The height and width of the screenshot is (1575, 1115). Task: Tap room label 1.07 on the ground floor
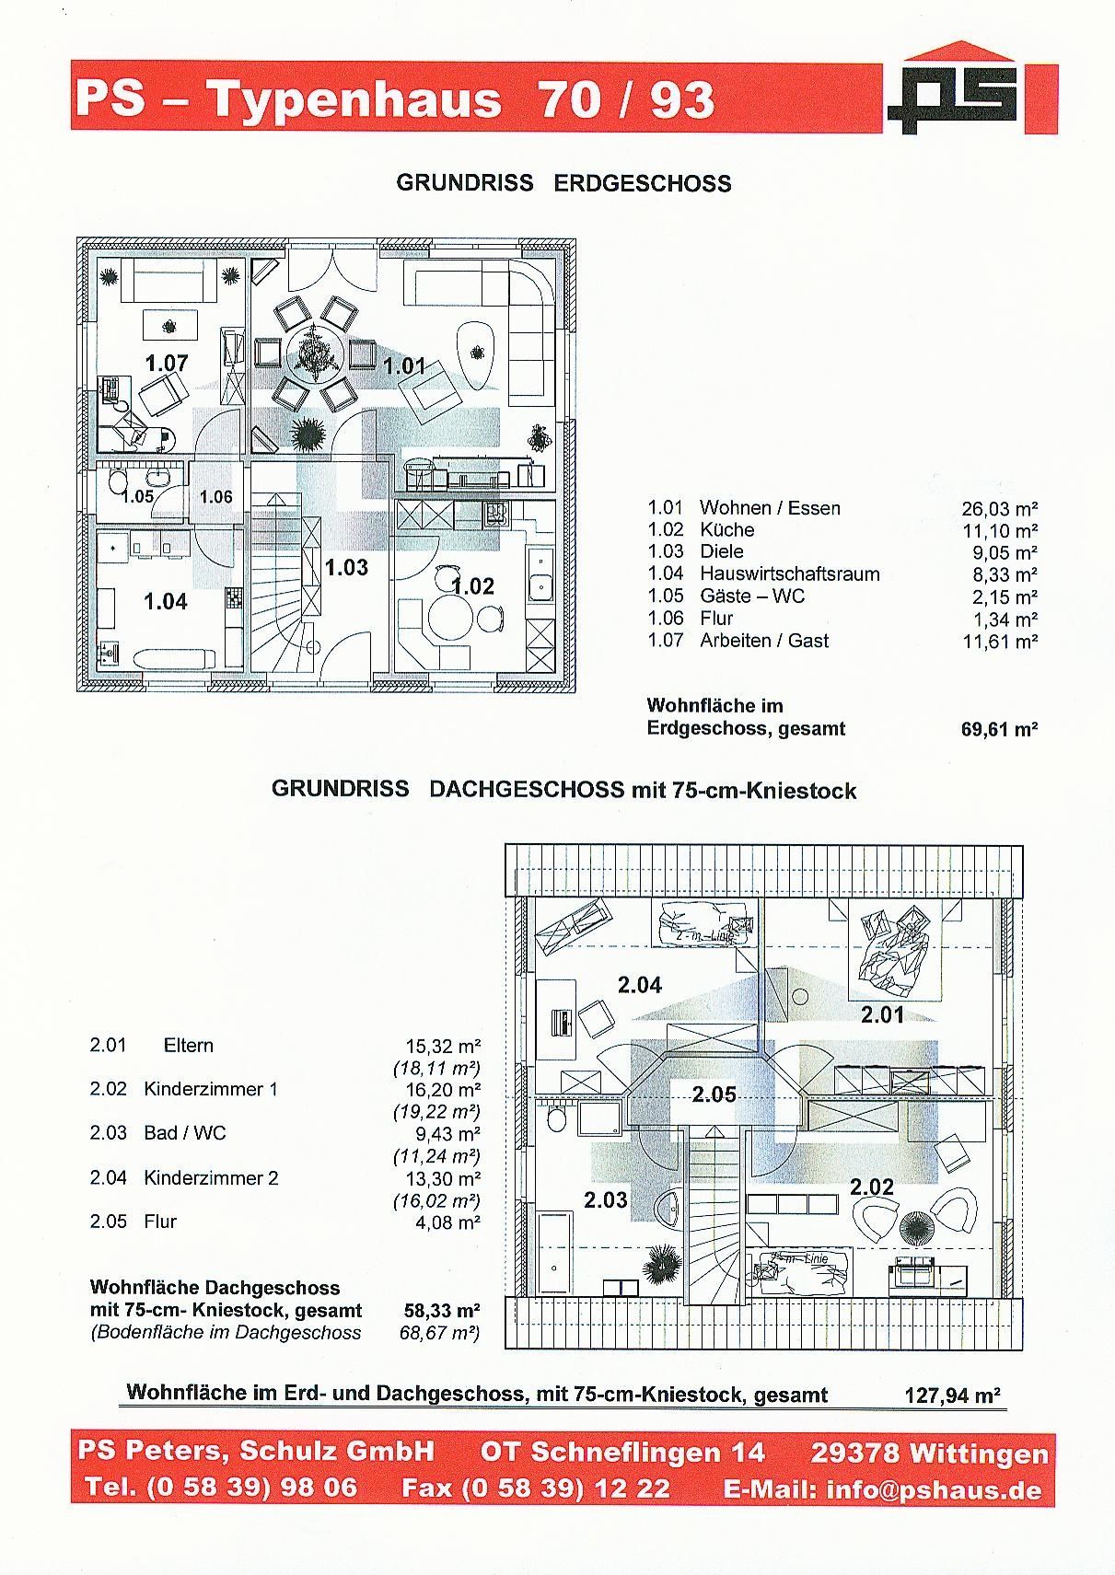pos(167,363)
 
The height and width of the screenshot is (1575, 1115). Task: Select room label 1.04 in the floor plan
pos(166,601)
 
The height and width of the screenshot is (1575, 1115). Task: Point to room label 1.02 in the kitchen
pos(472,585)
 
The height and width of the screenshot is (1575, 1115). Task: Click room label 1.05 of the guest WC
pos(137,496)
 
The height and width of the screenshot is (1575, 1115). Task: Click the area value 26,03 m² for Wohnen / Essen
pos(1000,508)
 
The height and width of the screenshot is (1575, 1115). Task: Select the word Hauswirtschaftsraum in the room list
pos(789,573)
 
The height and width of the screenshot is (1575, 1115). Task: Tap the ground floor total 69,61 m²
pos(1000,729)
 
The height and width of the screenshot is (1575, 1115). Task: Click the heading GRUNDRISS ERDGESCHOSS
pos(563,183)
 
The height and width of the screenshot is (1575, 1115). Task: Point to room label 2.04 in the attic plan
pos(640,984)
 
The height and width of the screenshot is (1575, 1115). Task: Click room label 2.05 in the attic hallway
pos(714,1094)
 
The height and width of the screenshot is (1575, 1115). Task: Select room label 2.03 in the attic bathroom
pos(606,1199)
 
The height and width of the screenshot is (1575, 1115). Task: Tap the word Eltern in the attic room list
pos(189,1045)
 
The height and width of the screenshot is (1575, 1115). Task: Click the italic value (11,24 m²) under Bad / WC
pos(436,1156)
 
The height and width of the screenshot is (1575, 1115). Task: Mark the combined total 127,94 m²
pos(953,1395)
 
